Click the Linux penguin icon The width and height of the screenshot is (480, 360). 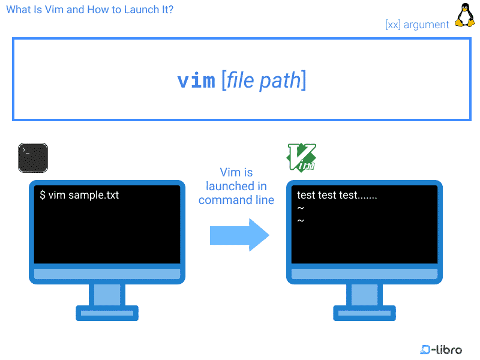point(464,15)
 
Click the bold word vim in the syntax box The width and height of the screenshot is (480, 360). point(196,80)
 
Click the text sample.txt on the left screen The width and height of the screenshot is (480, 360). point(94,195)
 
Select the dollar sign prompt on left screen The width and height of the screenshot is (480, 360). point(43,195)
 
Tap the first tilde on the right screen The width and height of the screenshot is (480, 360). point(301,208)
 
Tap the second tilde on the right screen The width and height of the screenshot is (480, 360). point(301,221)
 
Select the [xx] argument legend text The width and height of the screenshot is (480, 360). point(417,25)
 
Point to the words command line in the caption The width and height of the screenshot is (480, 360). point(236,200)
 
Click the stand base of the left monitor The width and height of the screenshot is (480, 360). point(107,313)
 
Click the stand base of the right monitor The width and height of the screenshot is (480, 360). point(364,313)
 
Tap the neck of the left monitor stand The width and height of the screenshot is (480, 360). point(107,295)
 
